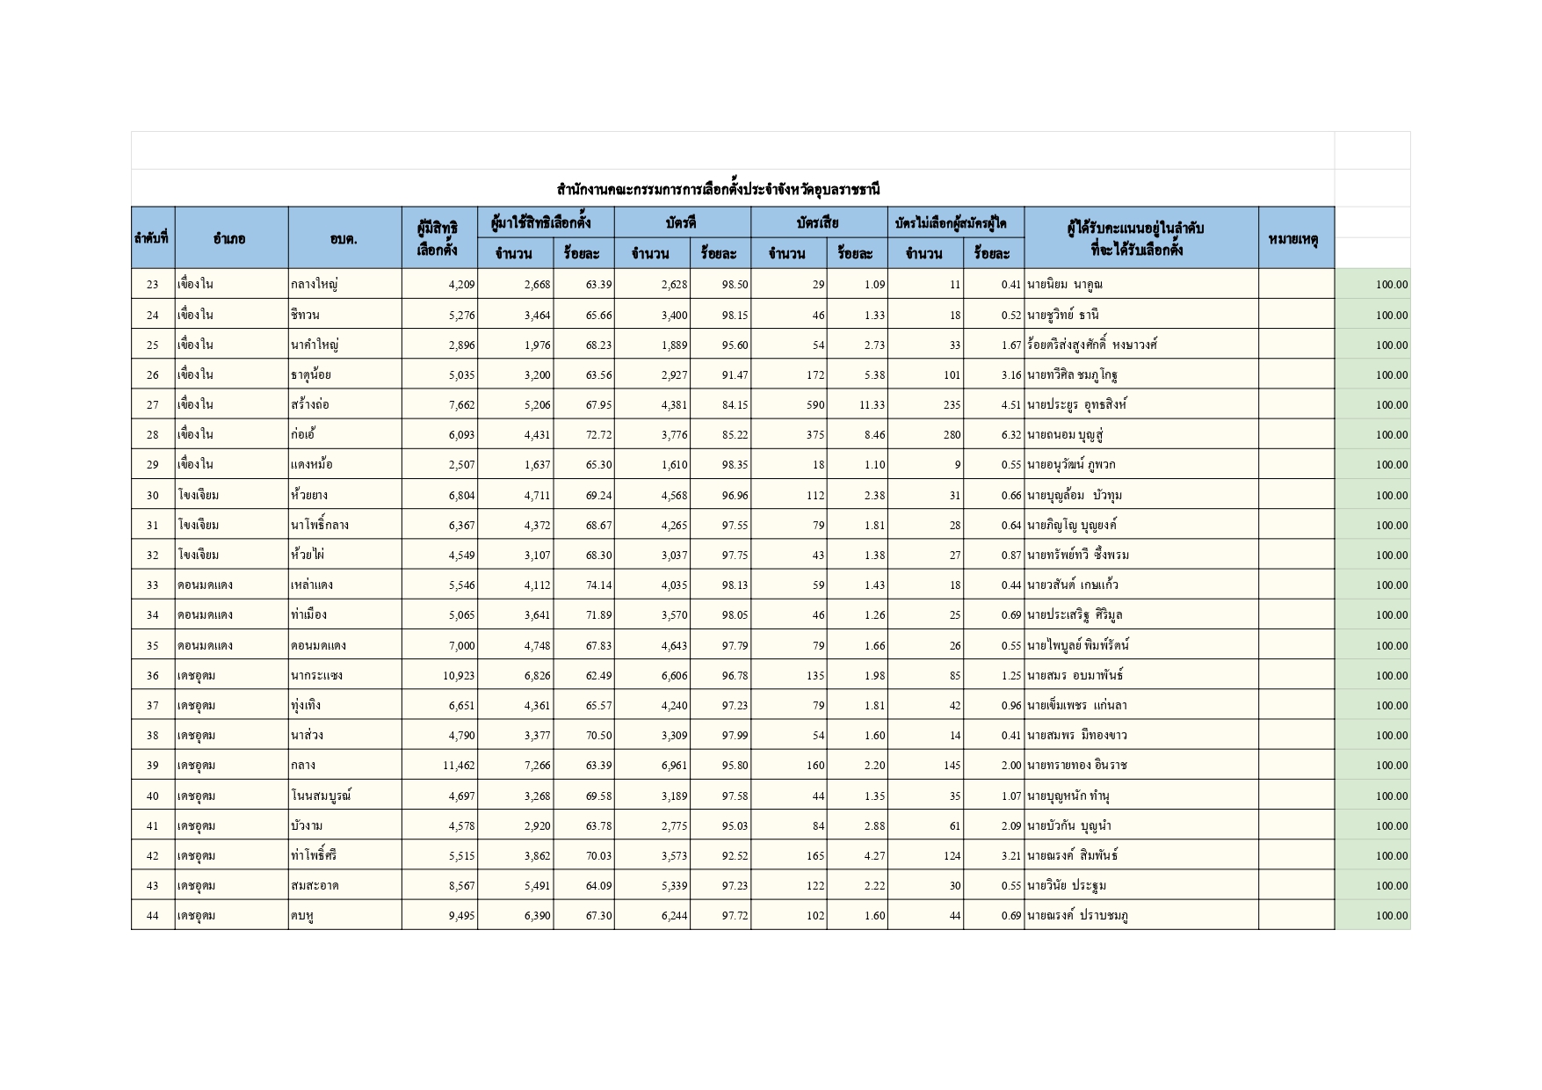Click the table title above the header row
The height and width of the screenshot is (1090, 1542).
click(718, 189)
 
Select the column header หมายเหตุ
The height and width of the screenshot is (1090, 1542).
click(1295, 238)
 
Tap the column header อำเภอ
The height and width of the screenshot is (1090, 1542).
click(229, 238)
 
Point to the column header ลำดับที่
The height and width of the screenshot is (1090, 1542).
click(152, 238)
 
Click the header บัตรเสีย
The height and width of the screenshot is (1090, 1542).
click(818, 223)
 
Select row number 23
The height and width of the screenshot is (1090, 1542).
click(153, 285)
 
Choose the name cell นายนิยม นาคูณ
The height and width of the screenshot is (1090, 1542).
click(1065, 285)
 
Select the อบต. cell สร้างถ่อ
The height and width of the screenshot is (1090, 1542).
click(310, 405)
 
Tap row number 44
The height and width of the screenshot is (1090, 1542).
click(153, 916)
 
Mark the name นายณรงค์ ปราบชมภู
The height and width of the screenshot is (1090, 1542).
click(1078, 916)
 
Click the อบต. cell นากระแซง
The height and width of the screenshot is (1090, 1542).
click(316, 676)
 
